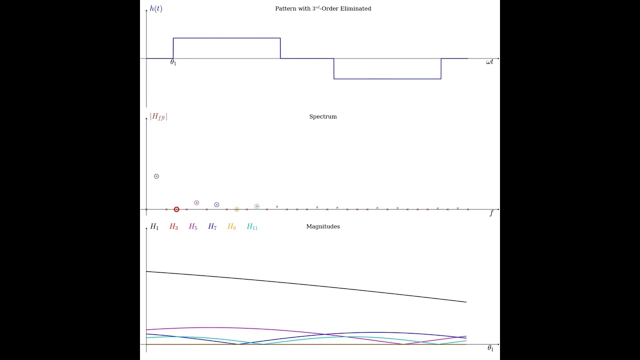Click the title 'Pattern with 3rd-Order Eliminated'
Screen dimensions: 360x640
click(323, 8)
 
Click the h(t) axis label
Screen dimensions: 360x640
click(156, 8)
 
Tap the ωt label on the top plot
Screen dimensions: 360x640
click(489, 62)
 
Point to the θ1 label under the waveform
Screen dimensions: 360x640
click(173, 62)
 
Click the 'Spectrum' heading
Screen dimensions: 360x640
click(323, 116)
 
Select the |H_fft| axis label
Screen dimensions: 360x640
click(158, 116)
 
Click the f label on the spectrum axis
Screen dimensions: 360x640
click(491, 213)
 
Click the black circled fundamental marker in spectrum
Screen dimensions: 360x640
click(156, 176)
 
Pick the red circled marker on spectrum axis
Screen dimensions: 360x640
click(176, 209)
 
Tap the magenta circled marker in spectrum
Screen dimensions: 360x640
click(196, 203)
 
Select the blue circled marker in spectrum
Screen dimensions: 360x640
click(216, 205)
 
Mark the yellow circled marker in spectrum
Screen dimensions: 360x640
click(236, 209)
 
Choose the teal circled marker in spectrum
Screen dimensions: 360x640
click(257, 206)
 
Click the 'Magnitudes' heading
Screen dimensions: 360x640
click(323, 226)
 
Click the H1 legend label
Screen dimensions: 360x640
click(154, 227)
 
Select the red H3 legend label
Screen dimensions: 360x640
click(173, 227)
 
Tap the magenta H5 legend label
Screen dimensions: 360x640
click(193, 227)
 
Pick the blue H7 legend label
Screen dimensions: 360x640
click(212, 227)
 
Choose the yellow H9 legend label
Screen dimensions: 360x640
click(231, 227)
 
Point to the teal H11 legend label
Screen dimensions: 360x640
click(252, 227)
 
